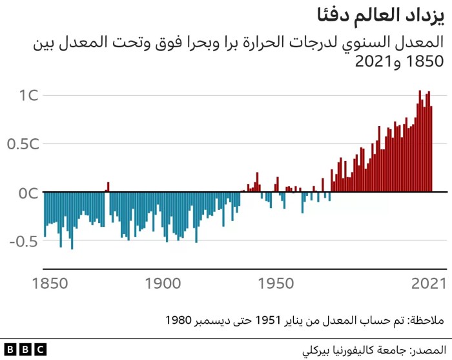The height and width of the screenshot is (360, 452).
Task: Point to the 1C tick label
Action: [x=29, y=96]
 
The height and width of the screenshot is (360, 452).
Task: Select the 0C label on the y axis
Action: [x=29, y=193]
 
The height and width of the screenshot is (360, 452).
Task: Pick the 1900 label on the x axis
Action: [x=161, y=283]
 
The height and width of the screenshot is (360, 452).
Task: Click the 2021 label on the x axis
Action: [x=428, y=283]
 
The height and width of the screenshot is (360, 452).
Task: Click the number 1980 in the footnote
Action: [x=179, y=320]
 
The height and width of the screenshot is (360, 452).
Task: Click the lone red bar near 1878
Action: [x=108, y=187]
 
